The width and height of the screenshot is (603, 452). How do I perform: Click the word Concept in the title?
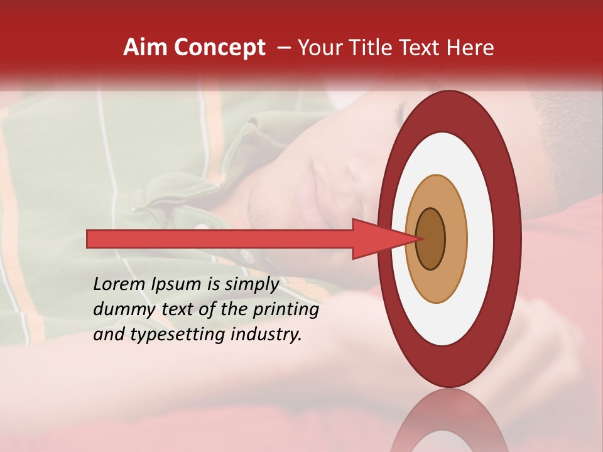pyautogui.click(x=220, y=48)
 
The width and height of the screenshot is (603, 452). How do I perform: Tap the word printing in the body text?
pyautogui.click(x=286, y=309)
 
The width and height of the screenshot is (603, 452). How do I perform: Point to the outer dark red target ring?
pyautogui.click(x=508, y=239)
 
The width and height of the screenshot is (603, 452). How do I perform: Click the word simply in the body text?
pyautogui.click(x=251, y=284)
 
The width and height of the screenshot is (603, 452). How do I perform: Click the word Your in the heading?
pyautogui.click(x=317, y=48)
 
